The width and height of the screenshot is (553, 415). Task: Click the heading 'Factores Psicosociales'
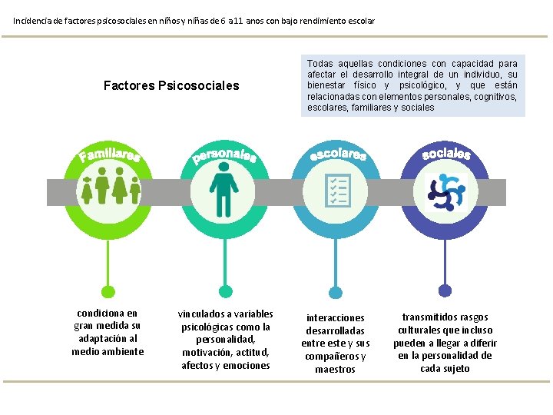[x=171, y=85]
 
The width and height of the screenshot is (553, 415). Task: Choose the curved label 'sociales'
[x=446, y=153]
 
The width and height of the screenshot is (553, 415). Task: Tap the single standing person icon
[x=224, y=191]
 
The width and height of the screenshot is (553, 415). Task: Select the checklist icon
[x=337, y=191]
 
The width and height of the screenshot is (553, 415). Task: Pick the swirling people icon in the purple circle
[x=445, y=192]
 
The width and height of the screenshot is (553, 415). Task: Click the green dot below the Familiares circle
[x=110, y=290]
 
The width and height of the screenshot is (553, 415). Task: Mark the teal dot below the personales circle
[x=224, y=290]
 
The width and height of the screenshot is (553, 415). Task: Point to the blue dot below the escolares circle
[x=338, y=290]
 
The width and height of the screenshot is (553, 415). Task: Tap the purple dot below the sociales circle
[x=445, y=290]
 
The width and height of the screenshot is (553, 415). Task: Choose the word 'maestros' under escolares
[x=335, y=370]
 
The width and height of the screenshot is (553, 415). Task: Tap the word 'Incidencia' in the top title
[x=34, y=21]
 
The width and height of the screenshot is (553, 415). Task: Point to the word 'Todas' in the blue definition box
[x=320, y=64]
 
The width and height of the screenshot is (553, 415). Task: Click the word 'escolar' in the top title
[x=359, y=21]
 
